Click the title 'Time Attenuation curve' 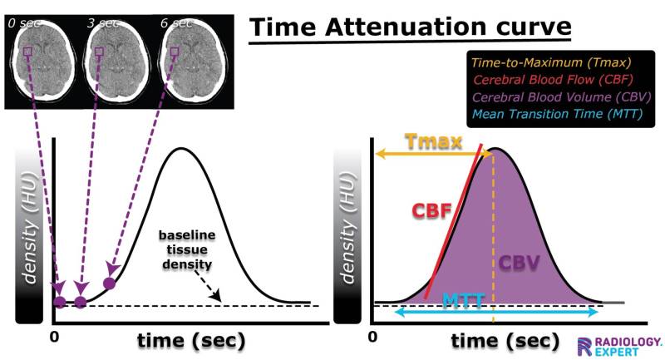[x=411, y=27]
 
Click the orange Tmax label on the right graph [x=432, y=142]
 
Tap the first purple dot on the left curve [x=59, y=302]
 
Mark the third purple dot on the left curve [x=108, y=283]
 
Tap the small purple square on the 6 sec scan [x=174, y=52]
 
